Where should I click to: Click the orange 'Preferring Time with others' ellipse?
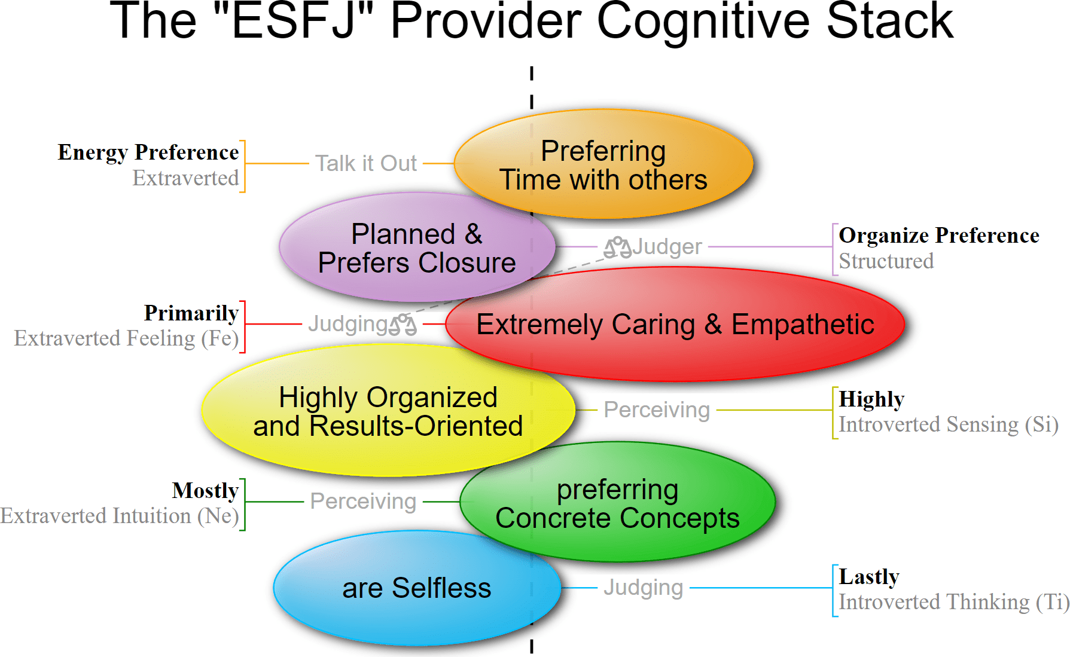tap(603, 164)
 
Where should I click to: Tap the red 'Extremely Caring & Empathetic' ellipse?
tap(675, 325)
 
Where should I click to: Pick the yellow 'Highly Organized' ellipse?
tap(388, 411)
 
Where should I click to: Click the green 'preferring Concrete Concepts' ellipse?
tap(617, 503)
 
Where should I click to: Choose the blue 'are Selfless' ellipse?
tap(416, 588)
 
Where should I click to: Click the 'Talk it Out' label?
tap(365, 163)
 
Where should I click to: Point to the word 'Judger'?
tap(667, 246)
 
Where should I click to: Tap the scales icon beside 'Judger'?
tap(617, 247)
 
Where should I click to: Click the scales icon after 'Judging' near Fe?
tap(403, 324)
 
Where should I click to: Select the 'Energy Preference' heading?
tap(148, 152)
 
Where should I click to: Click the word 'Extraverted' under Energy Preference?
tap(185, 178)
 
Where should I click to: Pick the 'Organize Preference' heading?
tap(938, 236)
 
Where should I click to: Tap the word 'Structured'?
tap(886, 261)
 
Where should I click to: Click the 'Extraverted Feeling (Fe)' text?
tap(126, 338)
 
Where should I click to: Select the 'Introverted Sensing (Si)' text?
tap(948, 424)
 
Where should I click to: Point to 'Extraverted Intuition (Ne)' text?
tap(119, 516)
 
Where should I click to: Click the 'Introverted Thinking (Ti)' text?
tap(953, 602)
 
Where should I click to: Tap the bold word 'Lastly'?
tap(868, 577)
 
